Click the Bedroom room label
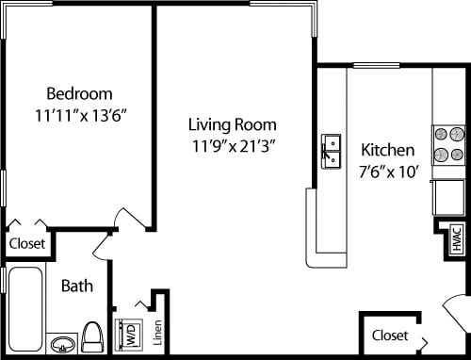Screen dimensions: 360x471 pyautogui.click(x=80, y=93)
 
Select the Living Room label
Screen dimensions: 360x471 pyautogui.click(x=232, y=124)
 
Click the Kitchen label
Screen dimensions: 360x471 pyautogui.click(x=387, y=150)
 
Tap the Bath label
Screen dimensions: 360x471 pyautogui.click(x=76, y=286)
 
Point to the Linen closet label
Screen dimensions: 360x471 pyautogui.click(x=158, y=333)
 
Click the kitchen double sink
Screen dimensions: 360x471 pyautogui.click(x=331, y=152)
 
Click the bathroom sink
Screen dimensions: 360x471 pyautogui.click(x=61, y=342)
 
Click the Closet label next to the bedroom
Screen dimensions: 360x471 pyautogui.click(x=27, y=243)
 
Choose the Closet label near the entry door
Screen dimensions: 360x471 pyautogui.click(x=390, y=335)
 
